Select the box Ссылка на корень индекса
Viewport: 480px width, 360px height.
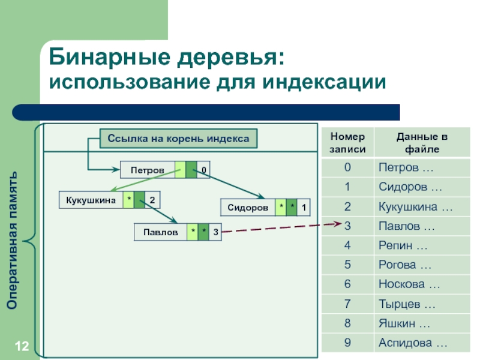(x=178, y=139)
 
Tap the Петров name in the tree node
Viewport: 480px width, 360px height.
(x=148, y=170)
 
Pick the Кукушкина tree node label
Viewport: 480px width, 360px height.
(x=90, y=200)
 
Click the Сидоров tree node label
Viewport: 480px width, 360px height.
(x=247, y=208)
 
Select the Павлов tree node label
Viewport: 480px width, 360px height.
(x=160, y=231)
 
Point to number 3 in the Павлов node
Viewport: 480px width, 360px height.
(x=215, y=231)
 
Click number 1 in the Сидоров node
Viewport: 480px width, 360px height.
(x=304, y=208)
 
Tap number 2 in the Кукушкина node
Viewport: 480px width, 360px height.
(x=152, y=200)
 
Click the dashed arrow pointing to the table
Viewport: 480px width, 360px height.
(x=276, y=227)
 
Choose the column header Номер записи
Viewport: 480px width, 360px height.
(x=347, y=143)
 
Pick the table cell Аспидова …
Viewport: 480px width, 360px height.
(x=412, y=343)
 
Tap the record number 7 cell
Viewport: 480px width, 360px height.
(x=347, y=304)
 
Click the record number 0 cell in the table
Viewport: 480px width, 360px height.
(x=347, y=167)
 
